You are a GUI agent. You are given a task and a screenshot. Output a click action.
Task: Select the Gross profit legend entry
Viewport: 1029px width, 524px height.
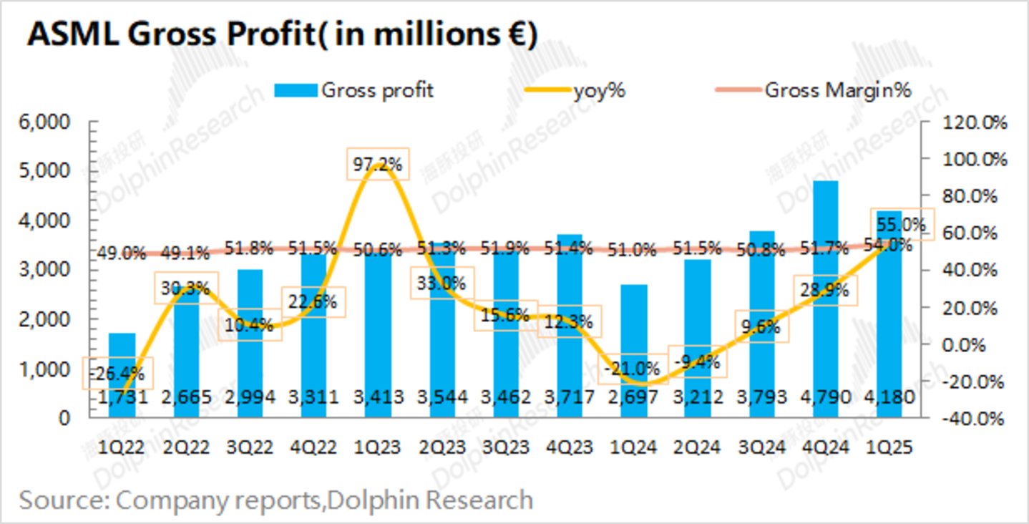pos(354,90)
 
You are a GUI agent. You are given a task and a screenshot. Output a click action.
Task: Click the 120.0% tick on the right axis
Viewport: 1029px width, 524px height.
pos(973,122)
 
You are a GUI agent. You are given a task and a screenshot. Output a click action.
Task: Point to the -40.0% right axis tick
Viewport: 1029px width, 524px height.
pos(973,418)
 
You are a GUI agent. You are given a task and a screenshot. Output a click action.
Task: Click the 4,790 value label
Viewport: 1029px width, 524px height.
pos(826,397)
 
